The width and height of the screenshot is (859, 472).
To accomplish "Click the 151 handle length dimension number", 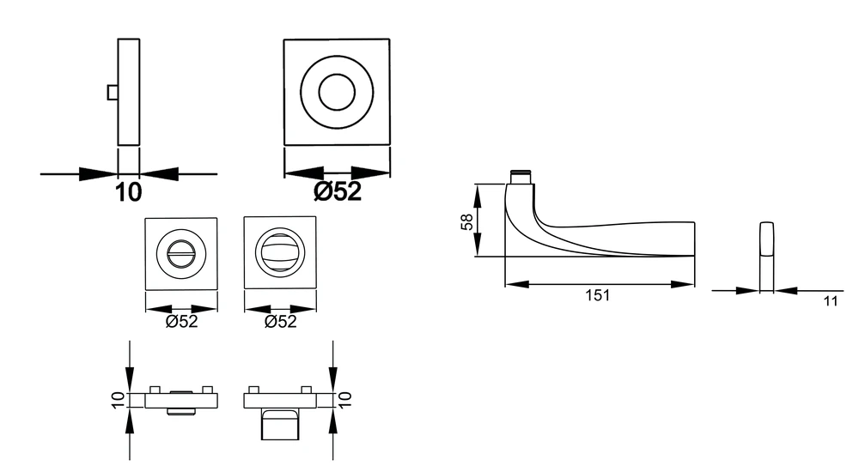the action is click(x=597, y=296).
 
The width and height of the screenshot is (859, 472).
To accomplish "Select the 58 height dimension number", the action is click(x=466, y=221).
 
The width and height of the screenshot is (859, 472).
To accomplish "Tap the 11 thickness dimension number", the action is click(x=831, y=301).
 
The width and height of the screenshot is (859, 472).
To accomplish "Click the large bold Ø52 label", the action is click(x=338, y=191).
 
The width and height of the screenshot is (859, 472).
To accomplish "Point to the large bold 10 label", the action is click(x=128, y=192).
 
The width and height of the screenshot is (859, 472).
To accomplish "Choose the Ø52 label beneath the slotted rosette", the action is click(x=181, y=322).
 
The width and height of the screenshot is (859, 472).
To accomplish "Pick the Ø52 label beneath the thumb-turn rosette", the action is click(x=280, y=322).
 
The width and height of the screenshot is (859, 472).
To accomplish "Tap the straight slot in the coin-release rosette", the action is click(x=180, y=253).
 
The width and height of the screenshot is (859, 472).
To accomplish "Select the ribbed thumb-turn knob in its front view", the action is click(x=281, y=251).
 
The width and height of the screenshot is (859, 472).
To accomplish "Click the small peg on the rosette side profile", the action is click(x=113, y=93).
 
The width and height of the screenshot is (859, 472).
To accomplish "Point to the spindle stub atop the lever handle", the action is click(x=521, y=178).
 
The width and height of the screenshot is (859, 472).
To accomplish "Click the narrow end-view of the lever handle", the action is click(x=766, y=257).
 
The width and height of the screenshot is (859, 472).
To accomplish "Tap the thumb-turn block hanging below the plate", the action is click(x=280, y=424).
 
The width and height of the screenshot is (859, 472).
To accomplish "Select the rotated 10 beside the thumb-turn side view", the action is click(x=344, y=399).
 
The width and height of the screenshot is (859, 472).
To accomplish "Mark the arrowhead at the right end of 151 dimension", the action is click(x=683, y=284).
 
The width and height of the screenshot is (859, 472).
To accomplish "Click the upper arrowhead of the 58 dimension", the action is click(x=477, y=196).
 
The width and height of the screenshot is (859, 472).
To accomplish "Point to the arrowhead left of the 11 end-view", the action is click(x=747, y=291).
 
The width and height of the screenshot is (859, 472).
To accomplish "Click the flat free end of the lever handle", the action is click(x=695, y=239).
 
